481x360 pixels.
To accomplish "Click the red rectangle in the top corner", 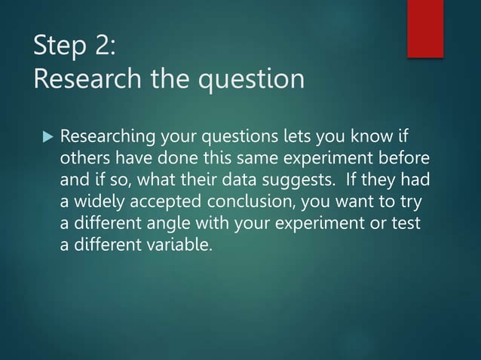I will click(x=425, y=28).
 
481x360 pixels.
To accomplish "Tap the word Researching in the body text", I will click(x=107, y=139).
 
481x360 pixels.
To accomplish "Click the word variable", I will click(x=171, y=246).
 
